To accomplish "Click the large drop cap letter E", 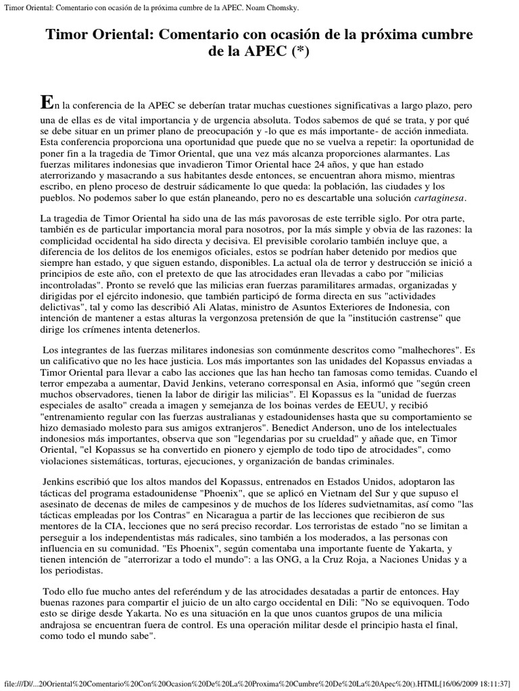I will pyautogui.click(x=46, y=102).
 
